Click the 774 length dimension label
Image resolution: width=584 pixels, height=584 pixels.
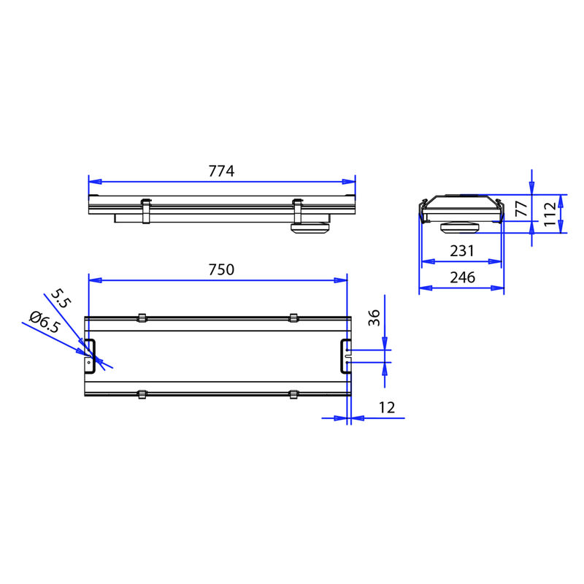(221, 171)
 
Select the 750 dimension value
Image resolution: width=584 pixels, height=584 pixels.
(221, 269)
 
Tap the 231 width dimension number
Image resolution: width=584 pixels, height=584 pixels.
(462, 251)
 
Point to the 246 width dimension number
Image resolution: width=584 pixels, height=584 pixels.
(462, 277)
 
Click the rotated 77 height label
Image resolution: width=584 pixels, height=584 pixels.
(521, 208)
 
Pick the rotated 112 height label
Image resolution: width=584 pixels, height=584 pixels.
(550, 214)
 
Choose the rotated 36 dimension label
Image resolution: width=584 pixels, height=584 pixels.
(374, 318)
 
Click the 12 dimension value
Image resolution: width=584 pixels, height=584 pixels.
(387, 408)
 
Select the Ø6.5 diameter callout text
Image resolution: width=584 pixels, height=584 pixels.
(45, 322)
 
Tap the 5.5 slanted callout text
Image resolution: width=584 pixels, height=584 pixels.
(61, 299)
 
